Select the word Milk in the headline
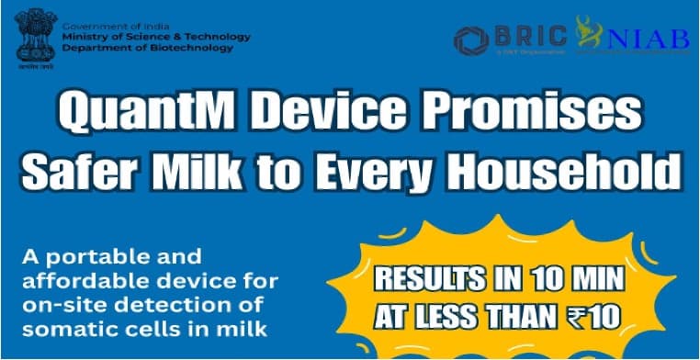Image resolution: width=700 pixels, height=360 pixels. point(218,173)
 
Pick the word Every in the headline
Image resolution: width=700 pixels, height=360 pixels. point(384,173)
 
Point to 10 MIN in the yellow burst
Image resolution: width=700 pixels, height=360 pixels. point(568,278)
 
